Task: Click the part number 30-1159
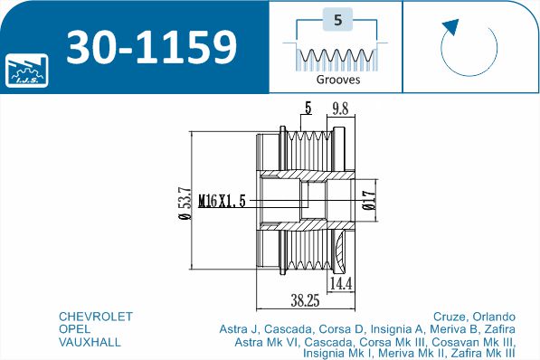[x=152, y=47]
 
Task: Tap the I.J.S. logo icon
[x=27, y=71]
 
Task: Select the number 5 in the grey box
[x=338, y=20]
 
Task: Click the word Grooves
[x=338, y=80]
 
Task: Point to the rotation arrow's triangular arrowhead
[x=452, y=27]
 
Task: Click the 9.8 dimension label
[x=340, y=109]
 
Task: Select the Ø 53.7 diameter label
[x=185, y=203]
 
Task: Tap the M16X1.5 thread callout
[x=223, y=201]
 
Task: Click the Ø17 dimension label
[x=369, y=200]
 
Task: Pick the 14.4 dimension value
[x=341, y=284]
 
